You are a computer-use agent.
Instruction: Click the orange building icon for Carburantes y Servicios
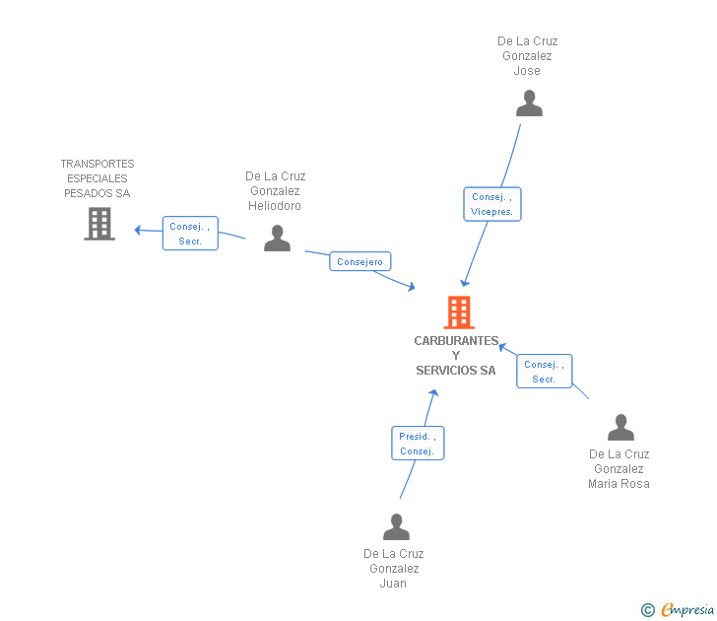pyautogui.click(x=459, y=312)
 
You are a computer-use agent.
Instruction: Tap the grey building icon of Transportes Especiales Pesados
pyautogui.click(x=99, y=224)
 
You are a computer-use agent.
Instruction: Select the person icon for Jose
pyautogui.click(x=529, y=103)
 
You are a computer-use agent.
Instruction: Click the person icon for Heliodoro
pyautogui.click(x=277, y=239)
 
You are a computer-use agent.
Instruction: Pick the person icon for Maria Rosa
pyautogui.click(x=620, y=428)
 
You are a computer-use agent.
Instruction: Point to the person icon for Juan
pyautogui.click(x=396, y=527)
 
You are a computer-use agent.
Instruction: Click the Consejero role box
pyautogui.click(x=360, y=261)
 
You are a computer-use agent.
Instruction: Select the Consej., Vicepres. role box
pyautogui.click(x=491, y=204)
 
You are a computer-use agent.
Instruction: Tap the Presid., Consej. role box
pyautogui.click(x=417, y=444)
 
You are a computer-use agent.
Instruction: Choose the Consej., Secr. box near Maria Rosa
pyautogui.click(x=544, y=372)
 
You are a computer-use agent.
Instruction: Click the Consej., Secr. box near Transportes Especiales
pyautogui.click(x=190, y=234)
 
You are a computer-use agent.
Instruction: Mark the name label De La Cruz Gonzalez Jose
pyautogui.click(x=527, y=56)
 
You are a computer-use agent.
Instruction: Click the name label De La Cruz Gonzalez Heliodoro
pyautogui.click(x=275, y=191)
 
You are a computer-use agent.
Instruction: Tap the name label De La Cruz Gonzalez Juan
pyautogui.click(x=393, y=569)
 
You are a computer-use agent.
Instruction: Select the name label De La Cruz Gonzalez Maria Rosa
pyautogui.click(x=619, y=469)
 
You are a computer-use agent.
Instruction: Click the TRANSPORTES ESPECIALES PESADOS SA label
pyautogui.click(x=98, y=178)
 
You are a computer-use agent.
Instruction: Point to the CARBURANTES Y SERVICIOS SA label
pyautogui.click(x=456, y=356)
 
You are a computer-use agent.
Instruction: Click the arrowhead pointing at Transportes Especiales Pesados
pyautogui.click(x=139, y=231)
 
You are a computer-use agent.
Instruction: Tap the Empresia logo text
pyautogui.click(x=686, y=610)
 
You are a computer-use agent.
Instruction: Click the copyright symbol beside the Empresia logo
pyautogui.click(x=648, y=610)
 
